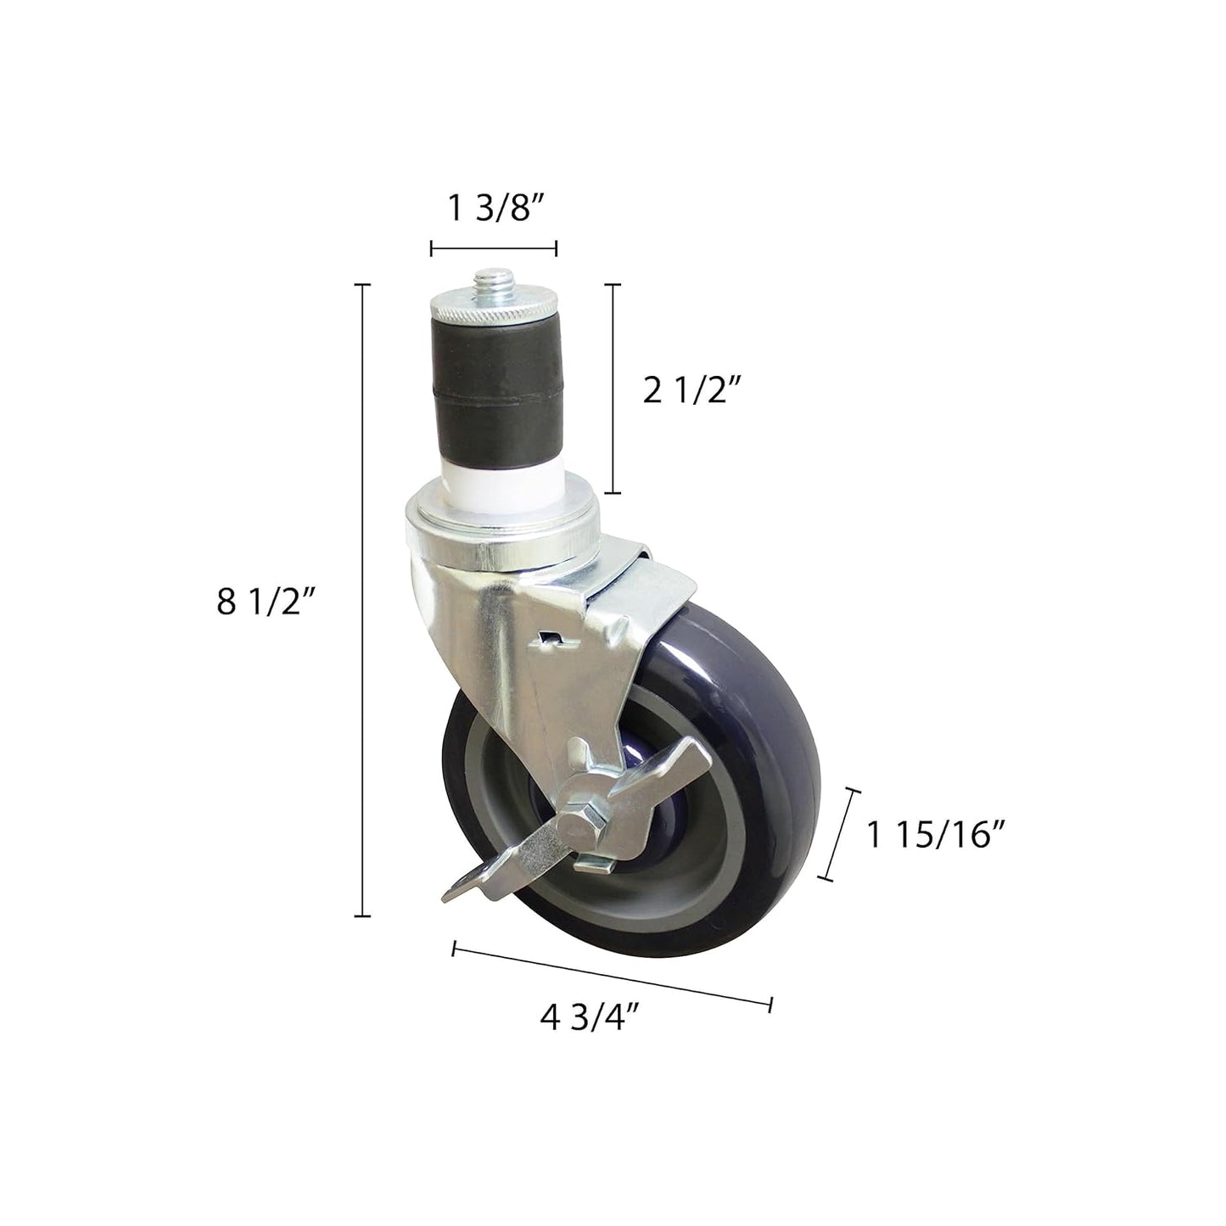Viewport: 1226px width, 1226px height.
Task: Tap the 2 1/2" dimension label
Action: point(692,391)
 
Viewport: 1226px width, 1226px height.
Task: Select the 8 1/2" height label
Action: point(266,602)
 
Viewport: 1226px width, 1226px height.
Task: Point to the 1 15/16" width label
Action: point(936,835)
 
